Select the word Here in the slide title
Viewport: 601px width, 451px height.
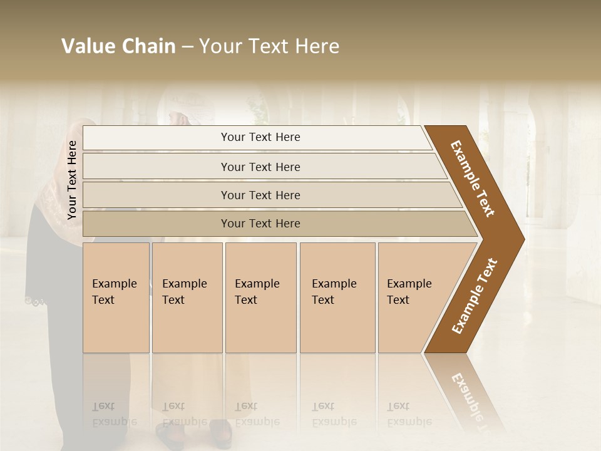(x=317, y=46)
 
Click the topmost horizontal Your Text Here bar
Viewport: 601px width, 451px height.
(x=260, y=137)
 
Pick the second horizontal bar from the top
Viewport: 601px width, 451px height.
(x=260, y=167)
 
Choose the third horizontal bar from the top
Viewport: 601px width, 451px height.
(x=260, y=195)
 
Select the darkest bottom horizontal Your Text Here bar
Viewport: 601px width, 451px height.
(x=260, y=224)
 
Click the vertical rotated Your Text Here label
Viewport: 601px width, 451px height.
(x=72, y=180)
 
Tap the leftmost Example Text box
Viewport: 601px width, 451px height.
(x=116, y=297)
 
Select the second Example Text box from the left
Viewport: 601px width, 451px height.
(x=187, y=297)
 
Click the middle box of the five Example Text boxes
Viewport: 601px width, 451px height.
(x=260, y=297)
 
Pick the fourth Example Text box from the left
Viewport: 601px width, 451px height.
(x=337, y=297)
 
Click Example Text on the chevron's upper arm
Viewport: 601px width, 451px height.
(x=473, y=179)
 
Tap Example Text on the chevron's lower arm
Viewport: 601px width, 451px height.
(x=475, y=296)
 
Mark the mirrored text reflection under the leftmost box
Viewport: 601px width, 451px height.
(x=114, y=413)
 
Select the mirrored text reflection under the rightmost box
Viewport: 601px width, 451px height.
(x=409, y=413)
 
